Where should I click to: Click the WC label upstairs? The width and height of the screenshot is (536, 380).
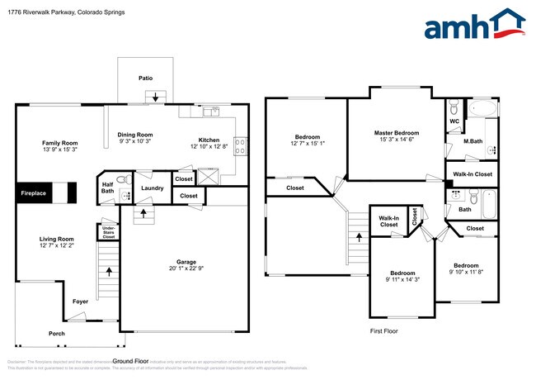click(454, 121)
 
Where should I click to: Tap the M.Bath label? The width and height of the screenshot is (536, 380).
click(472, 141)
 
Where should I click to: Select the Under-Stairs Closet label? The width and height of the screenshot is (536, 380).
click(108, 232)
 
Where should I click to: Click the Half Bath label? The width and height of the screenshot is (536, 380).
click(107, 188)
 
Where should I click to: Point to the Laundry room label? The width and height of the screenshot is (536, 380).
click(153, 188)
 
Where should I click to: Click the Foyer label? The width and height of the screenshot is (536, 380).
click(81, 302)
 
